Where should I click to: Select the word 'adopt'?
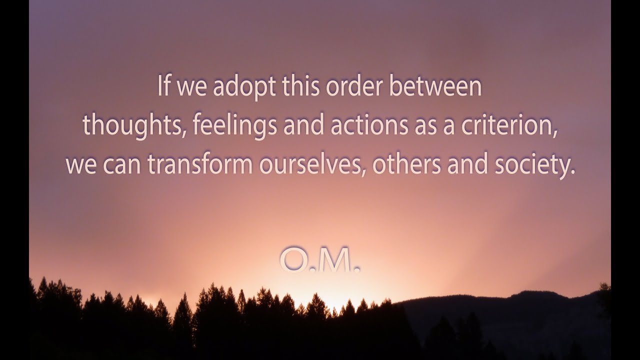click(244, 87)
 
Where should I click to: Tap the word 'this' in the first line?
click(301, 86)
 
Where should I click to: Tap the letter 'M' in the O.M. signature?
click(335, 260)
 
